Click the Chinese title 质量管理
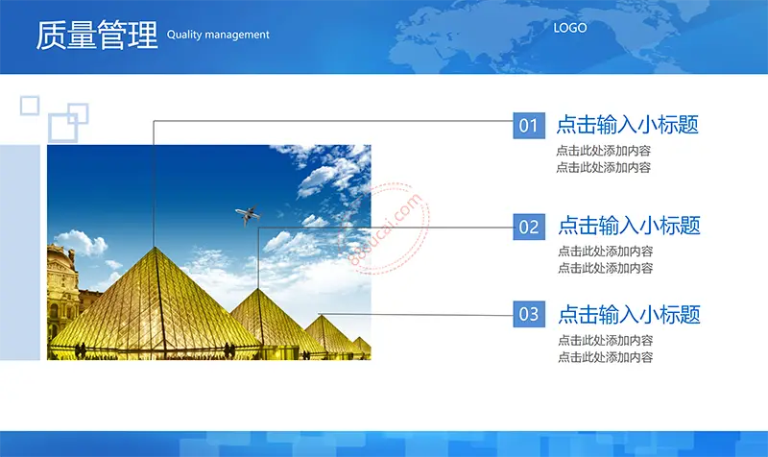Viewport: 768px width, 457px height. (97, 35)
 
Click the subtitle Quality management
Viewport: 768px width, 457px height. (218, 35)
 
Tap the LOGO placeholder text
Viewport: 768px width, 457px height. (569, 28)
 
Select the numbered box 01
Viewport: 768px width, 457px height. (529, 126)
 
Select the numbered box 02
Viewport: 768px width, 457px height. (529, 227)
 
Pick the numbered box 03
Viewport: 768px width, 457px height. (529, 314)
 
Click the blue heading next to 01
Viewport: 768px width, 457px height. (628, 125)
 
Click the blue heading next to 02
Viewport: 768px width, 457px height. (630, 226)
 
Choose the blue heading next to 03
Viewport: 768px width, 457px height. (630, 314)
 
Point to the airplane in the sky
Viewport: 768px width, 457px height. (248, 214)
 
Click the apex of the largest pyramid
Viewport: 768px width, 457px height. (156, 248)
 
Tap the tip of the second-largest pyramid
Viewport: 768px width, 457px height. (258, 289)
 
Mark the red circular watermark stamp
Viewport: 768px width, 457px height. (385, 228)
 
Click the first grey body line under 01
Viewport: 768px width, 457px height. (604, 151)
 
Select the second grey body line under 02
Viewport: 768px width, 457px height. (606, 268)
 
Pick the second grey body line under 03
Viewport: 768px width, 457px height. (606, 357)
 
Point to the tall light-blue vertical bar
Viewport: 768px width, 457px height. (20, 253)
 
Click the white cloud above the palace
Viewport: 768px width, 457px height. (83, 243)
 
